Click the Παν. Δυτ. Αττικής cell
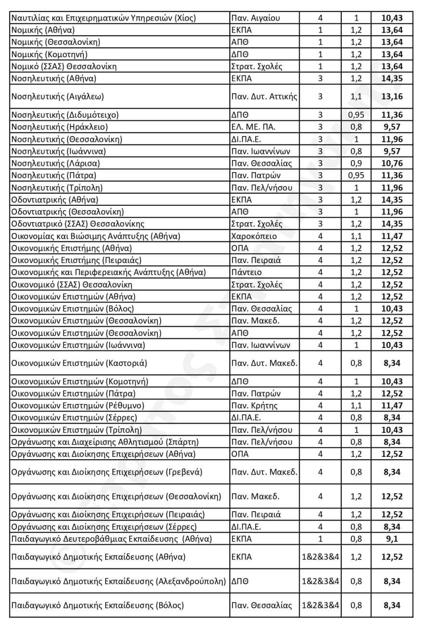(x=264, y=97)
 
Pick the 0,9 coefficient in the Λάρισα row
(x=356, y=163)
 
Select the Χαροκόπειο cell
(x=253, y=236)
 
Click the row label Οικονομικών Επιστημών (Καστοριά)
(x=79, y=363)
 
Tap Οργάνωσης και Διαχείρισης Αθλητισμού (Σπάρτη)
(x=105, y=442)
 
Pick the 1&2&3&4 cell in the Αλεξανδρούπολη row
(x=320, y=581)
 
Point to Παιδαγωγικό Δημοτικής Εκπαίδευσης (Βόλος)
(x=97, y=605)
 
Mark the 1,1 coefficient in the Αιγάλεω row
(x=356, y=97)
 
